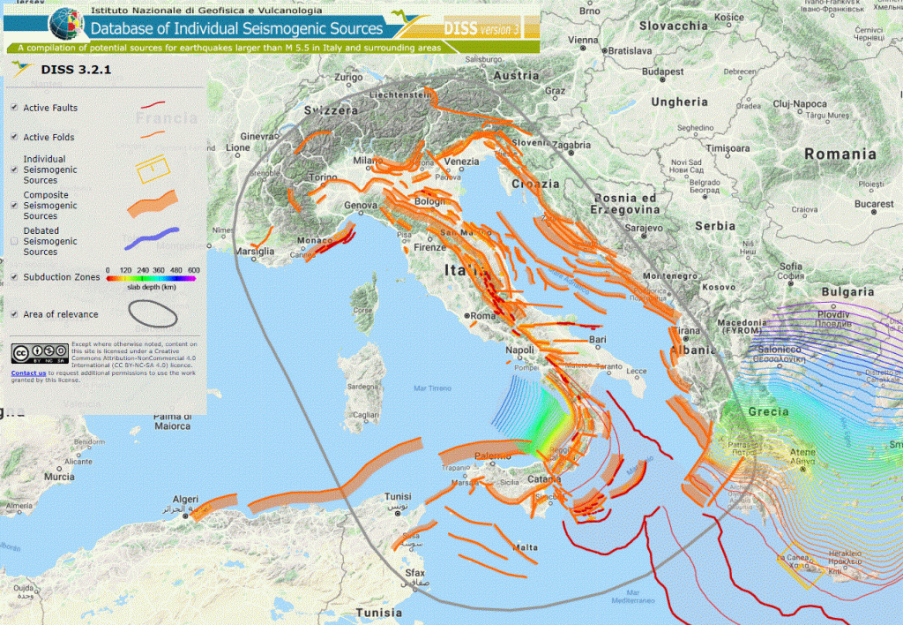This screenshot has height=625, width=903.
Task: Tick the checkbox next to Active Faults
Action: pos(14,108)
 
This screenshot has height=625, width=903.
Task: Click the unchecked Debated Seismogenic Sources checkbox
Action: pos(14,239)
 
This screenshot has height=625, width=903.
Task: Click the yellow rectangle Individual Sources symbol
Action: pos(152,167)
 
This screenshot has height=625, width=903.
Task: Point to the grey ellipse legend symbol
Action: pos(152,312)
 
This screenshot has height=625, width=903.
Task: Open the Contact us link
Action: pos(28,373)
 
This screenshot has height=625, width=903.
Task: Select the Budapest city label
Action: pos(663,72)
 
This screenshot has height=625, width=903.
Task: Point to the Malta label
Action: pos(526,548)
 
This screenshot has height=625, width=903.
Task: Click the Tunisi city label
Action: pos(399,498)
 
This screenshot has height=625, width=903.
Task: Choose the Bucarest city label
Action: pos(873,204)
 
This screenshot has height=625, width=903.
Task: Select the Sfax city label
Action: pos(414,573)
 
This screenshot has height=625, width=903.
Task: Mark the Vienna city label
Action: pos(582,40)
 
